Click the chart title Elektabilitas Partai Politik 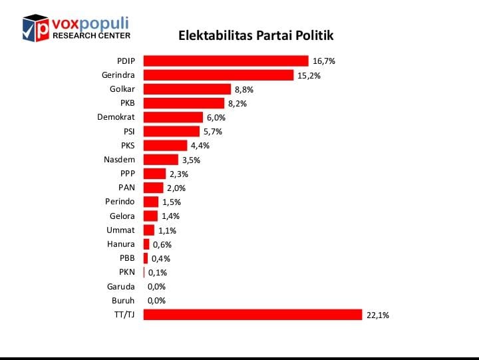click(x=255, y=35)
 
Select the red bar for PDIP click(x=226, y=61)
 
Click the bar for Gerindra click(x=218, y=75)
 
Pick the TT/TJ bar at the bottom click(x=253, y=315)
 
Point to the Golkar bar click(x=187, y=89)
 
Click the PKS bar click(x=165, y=145)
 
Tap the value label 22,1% click(x=377, y=315)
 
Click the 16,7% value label click(x=324, y=61)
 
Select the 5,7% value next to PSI click(x=213, y=132)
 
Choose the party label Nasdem click(x=119, y=160)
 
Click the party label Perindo click(x=120, y=202)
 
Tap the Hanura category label click(x=121, y=244)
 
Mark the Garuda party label click(x=120, y=287)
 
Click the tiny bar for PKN click(x=144, y=272)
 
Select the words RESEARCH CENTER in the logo click(x=91, y=35)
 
